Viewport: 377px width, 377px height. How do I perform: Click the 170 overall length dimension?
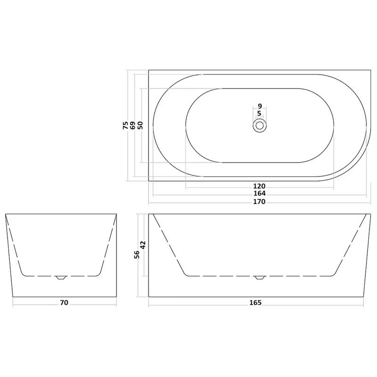click(x=259, y=202)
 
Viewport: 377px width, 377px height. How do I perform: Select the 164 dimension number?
click(x=260, y=193)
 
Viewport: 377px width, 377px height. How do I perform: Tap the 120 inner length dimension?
click(x=259, y=186)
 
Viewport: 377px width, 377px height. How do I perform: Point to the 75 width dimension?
click(x=125, y=125)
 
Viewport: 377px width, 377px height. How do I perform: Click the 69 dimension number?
click(x=133, y=125)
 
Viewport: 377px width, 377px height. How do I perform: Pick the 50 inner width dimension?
click(x=140, y=125)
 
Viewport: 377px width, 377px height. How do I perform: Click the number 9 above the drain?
click(x=260, y=106)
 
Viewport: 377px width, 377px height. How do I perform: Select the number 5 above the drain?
click(x=259, y=113)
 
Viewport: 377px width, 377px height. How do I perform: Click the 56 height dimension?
click(x=137, y=254)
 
